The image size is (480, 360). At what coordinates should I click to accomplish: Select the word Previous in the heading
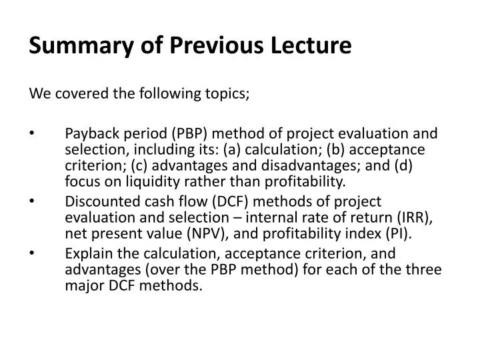point(203,46)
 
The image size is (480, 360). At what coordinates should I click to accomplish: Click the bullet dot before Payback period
point(33,132)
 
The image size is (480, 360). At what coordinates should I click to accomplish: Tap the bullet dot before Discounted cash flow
point(33,201)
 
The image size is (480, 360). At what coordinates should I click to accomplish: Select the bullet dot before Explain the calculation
point(33,253)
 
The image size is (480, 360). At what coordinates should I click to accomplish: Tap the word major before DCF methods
point(82,285)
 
